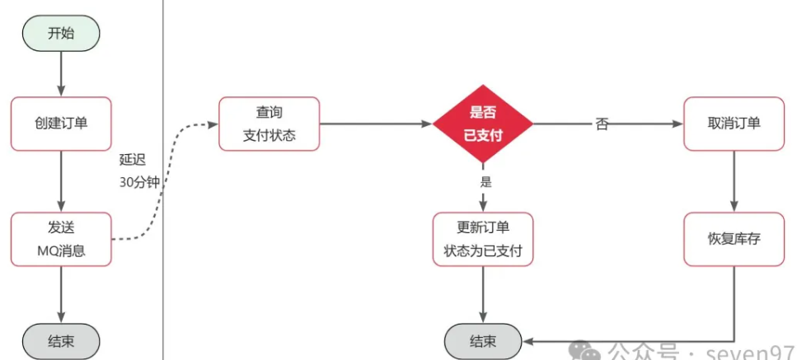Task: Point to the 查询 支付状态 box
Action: tap(269, 124)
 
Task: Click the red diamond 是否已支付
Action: tap(483, 124)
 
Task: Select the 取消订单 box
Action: tap(734, 124)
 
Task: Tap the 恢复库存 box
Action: tap(734, 239)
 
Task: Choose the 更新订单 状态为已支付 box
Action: tap(483, 239)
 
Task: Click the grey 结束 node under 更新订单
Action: tap(483, 340)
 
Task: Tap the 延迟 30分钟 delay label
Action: tap(138, 171)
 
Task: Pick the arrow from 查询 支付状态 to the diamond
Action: tap(375, 124)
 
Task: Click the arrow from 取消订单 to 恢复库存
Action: tap(734, 181)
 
